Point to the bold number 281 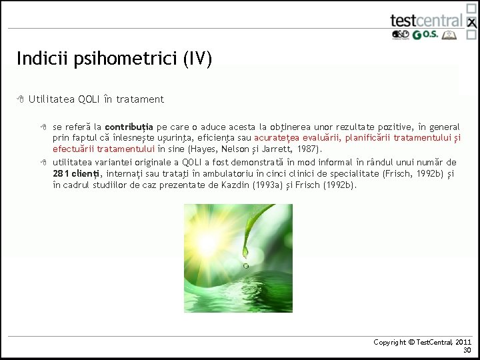pos(63,173)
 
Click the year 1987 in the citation pos(307,149)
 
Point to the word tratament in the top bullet pos(140,99)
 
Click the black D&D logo pos(401,35)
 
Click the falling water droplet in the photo pos(245,266)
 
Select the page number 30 pos(467,350)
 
